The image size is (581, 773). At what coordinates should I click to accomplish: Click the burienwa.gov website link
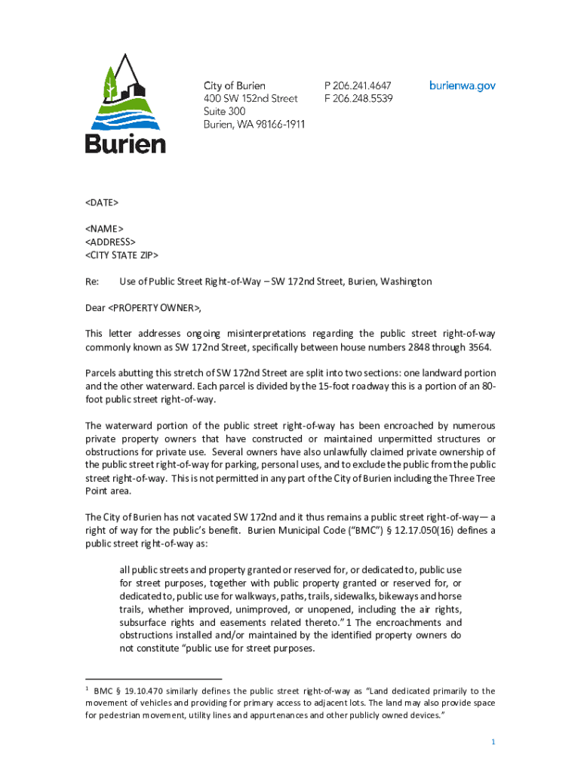463,86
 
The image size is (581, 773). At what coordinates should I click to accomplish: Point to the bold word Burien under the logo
125,143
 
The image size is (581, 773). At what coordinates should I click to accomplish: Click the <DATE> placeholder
102,202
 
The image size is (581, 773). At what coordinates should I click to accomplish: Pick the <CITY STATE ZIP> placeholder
121,254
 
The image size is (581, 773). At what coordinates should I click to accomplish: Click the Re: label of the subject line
92,282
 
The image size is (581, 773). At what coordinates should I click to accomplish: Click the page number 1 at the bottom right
493,743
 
